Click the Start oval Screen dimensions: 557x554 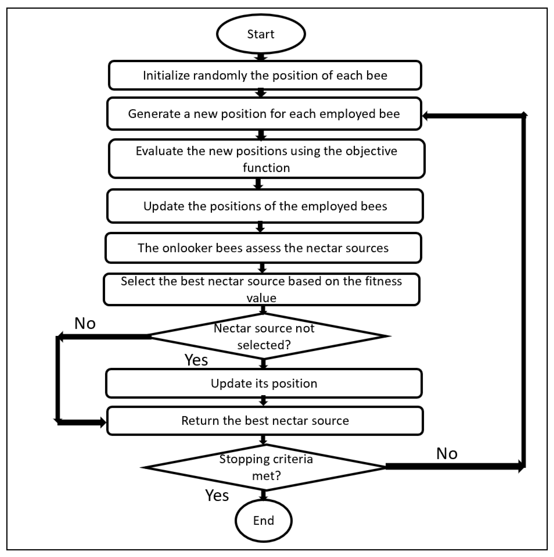point(261,34)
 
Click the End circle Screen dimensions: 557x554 point(264,520)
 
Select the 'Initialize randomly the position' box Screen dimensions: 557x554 point(265,75)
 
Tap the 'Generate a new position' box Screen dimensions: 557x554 point(264,114)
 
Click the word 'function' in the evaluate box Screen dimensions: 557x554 point(266,168)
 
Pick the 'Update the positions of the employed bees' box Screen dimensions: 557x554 point(265,206)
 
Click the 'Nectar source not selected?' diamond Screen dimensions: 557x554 point(264,336)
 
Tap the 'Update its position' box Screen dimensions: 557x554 point(264,383)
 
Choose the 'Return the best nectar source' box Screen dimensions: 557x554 point(265,421)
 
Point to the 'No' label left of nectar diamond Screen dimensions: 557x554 point(85,324)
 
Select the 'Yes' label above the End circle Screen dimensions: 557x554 point(217,495)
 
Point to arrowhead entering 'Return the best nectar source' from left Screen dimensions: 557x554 point(103,423)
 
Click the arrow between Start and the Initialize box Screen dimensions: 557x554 point(261,57)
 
